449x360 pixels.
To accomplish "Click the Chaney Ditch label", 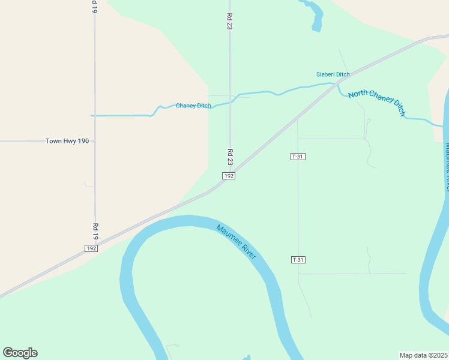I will tap(193, 106).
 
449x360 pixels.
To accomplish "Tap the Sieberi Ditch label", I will tap(333, 74).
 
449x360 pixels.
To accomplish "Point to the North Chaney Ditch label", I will tap(377, 101).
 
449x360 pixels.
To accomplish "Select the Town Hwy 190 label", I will tap(67, 141).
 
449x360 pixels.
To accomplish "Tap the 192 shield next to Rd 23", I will tap(229, 175).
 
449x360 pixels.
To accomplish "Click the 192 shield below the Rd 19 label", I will tap(91, 248).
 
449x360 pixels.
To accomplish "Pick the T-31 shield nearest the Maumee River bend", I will tap(298, 260).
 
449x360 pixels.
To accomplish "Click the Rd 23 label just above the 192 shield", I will tap(230, 157).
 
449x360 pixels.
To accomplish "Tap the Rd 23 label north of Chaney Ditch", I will tap(229, 22).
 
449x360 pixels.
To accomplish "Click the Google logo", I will tap(20, 353).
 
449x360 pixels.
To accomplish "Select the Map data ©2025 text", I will tap(423, 355).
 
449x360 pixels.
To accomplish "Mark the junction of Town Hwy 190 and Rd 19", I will tap(95, 141).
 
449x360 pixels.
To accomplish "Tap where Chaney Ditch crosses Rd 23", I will tap(230, 101).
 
